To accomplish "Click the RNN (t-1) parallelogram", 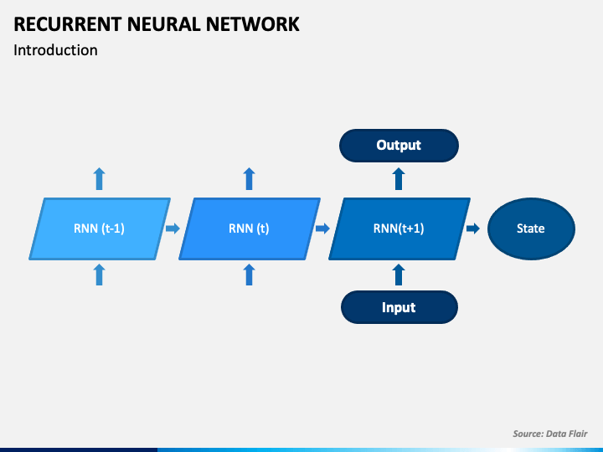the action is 100,229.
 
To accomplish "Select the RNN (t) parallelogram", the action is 250,229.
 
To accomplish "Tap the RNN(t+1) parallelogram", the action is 399,229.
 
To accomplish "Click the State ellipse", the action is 531,229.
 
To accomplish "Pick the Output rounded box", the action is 399,146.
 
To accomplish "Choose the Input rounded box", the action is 399,307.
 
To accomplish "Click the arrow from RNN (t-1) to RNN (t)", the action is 173,229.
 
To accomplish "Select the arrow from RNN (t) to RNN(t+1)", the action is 322,229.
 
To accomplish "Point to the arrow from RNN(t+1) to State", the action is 473,229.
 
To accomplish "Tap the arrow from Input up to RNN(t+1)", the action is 399,275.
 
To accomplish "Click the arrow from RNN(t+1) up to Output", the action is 399,179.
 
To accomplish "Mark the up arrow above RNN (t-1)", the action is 99,179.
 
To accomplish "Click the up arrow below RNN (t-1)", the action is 99,275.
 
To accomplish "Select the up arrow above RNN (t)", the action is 250,179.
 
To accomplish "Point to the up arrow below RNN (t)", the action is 250,275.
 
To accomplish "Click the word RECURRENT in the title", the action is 68,24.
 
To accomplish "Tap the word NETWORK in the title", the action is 252,24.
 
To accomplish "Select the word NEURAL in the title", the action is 164,24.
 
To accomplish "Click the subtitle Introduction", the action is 55,50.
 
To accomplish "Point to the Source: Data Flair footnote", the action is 550,434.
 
